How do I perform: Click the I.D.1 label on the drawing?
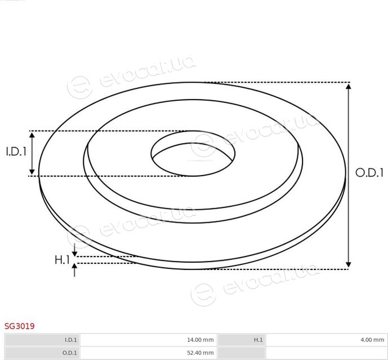point(16,151)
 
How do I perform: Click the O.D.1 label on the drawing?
point(369,172)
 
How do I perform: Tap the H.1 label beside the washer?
point(62,260)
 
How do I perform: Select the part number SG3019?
point(20,326)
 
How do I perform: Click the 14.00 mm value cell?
point(149,340)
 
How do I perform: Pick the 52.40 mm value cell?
point(149,353)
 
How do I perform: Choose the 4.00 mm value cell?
point(327,340)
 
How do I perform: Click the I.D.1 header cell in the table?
point(42,340)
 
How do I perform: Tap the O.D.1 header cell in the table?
point(42,353)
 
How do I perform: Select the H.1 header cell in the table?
point(241,340)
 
